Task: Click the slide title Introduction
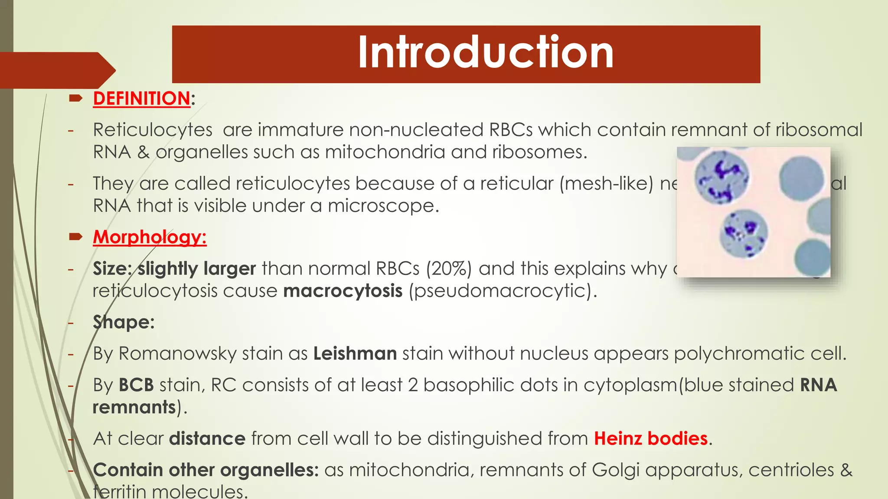coord(486,52)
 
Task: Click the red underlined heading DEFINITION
coord(141,99)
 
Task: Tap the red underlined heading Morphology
coord(149,237)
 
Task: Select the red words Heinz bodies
coord(651,439)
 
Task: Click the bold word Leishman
coord(355,353)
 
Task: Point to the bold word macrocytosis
coord(343,291)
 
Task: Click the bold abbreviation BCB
coord(136,385)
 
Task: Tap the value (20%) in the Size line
coord(448,269)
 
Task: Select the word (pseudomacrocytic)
coord(503,291)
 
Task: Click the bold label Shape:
coord(124,322)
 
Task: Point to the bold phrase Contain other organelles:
coord(206,470)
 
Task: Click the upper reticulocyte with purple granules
coord(721,178)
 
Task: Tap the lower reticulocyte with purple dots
coord(743,234)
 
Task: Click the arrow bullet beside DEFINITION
coord(75,99)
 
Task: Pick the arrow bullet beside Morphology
coord(75,237)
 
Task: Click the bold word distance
coord(207,439)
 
